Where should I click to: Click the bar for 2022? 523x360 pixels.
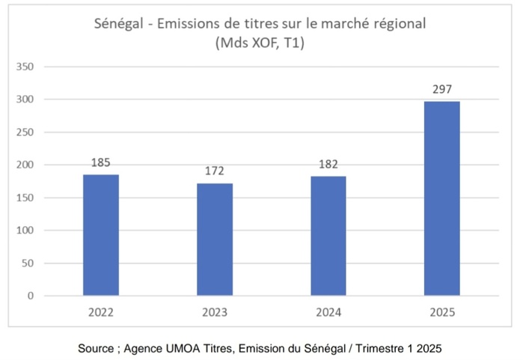pos(100,235)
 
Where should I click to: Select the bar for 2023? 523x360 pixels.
pos(215,240)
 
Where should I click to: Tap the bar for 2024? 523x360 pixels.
pos(328,236)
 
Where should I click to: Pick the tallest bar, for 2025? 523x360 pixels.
pos(441,198)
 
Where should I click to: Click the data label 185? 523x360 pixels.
pos(100,162)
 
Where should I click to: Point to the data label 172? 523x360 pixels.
pos(215,171)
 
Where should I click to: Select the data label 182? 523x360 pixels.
pos(328,163)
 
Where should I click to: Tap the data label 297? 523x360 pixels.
pos(441,89)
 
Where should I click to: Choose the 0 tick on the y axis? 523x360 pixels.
pos(31,296)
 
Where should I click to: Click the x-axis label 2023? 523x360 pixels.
pos(215,312)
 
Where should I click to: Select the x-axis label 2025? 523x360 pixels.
pos(441,312)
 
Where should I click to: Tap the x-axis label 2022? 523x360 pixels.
pos(100,312)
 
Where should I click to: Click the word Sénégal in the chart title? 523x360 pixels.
pos(120,24)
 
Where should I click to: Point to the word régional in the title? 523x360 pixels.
pos(398,24)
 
